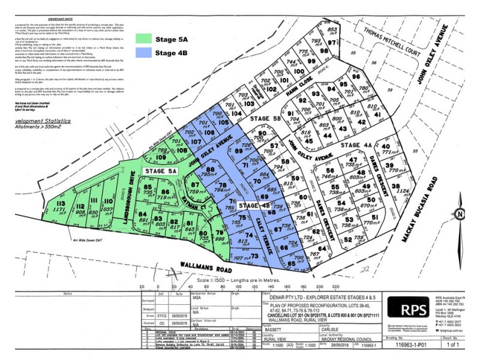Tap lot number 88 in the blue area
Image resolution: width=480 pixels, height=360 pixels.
pos(210,170)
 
